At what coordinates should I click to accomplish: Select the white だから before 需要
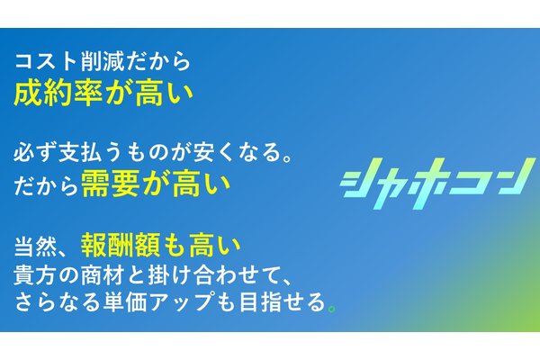45,184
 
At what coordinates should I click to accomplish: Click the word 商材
94,274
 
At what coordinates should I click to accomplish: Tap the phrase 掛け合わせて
199,274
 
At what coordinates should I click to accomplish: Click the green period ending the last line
333,309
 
